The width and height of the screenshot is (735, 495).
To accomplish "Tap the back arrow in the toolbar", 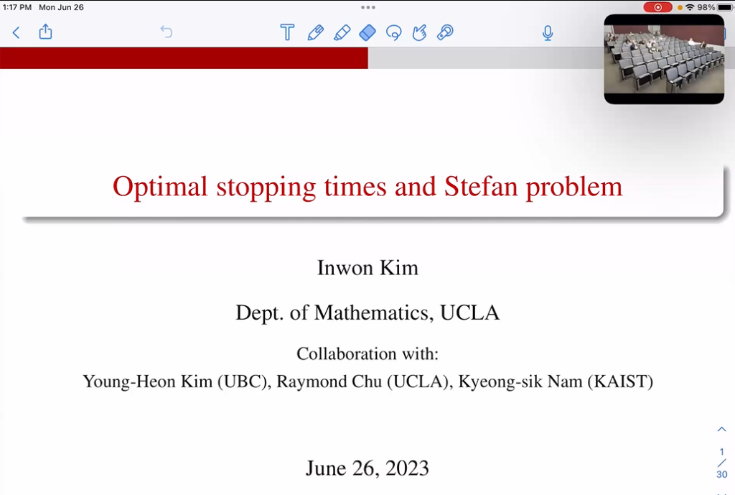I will coord(17,32).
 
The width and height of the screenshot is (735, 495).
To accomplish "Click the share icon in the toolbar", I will coord(45,32).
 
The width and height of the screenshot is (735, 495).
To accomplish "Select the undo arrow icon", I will coord(166,32).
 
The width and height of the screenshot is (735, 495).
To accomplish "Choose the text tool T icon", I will coord(287,32).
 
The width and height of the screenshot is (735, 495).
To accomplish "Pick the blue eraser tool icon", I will coord(367,32).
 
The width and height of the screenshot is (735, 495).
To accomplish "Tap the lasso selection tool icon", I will coord(393,32).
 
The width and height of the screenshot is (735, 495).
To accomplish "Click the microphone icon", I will coord(548,32).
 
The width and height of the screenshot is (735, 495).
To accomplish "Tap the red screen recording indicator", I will coord(657,7).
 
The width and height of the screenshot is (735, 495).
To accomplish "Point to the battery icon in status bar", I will coord(725,7).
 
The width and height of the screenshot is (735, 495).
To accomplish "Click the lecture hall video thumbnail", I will coord(664,60).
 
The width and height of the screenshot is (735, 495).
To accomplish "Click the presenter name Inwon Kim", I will coord(367,268).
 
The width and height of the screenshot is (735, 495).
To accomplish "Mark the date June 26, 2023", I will coord(367,468).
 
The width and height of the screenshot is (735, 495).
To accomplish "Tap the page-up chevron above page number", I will coord(721,430).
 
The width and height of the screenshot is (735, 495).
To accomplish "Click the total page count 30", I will coord(721,474).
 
